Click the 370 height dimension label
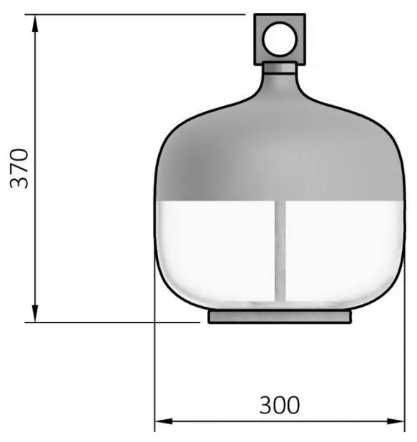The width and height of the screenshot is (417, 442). point(19,168)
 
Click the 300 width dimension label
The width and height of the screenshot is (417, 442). point(280,406)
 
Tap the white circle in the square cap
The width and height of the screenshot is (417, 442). point(280,39)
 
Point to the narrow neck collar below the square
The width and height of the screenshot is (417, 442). point(280,68)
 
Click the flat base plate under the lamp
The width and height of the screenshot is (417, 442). point(280,316)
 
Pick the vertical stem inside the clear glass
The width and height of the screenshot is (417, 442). point(280,251)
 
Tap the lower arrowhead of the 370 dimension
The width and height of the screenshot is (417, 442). point(35,313)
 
